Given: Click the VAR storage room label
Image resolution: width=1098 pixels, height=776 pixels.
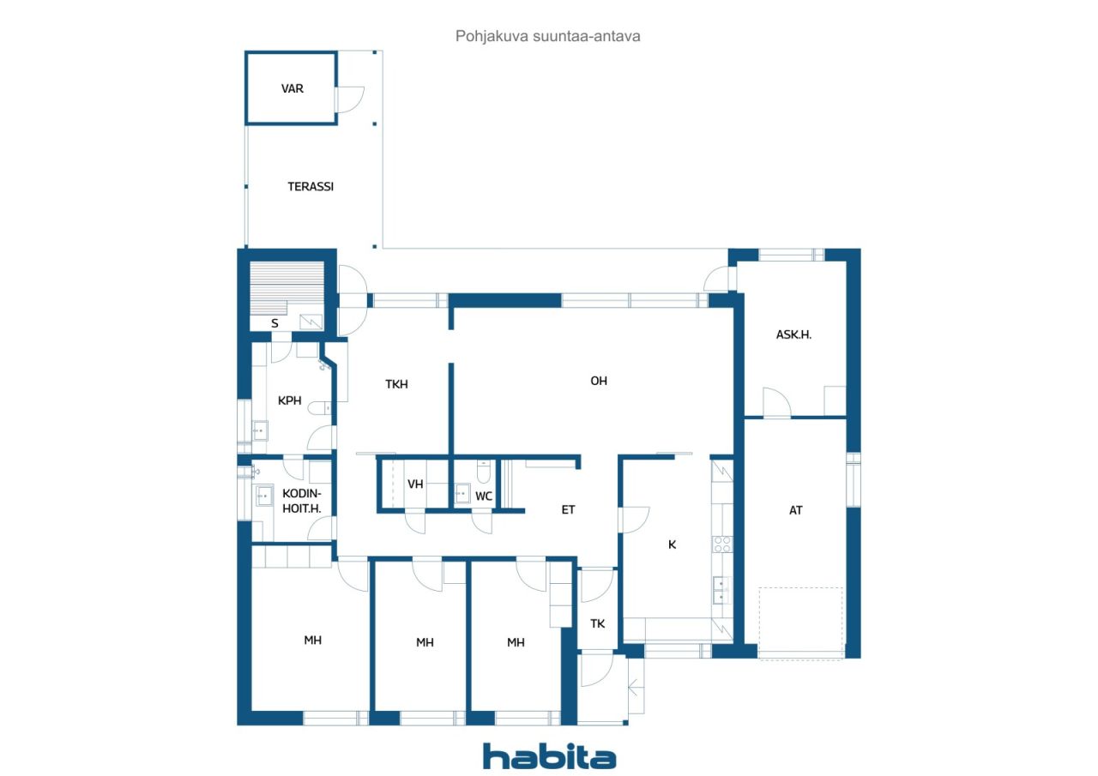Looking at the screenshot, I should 292,88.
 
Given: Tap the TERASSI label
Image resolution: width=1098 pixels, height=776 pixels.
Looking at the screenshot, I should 310,186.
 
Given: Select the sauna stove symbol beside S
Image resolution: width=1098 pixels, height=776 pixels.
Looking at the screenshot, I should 311,322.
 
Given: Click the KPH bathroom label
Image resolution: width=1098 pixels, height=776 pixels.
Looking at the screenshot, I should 289,400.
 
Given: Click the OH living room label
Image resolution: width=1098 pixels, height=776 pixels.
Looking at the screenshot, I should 598,381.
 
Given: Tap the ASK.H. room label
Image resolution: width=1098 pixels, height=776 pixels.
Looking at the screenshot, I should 793,335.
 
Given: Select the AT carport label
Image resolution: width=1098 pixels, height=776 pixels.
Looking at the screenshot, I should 795,510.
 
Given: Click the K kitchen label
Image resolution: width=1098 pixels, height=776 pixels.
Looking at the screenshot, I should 672,544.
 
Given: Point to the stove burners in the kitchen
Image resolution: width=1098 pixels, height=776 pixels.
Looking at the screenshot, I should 722,544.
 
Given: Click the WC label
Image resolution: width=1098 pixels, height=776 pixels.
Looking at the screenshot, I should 484,496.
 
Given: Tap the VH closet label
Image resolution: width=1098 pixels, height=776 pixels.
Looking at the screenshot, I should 415,484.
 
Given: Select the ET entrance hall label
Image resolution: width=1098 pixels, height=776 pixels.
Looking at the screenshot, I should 567,510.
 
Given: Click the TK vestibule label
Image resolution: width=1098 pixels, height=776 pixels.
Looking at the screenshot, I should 597,623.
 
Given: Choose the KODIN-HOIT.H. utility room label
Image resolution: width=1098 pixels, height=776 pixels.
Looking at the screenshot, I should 301,501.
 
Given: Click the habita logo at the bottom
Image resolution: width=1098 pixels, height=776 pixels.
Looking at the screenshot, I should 549,756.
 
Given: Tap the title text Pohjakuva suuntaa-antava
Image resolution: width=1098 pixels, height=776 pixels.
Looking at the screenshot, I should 548,37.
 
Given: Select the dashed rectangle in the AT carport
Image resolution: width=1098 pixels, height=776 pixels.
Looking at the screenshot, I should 801,623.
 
